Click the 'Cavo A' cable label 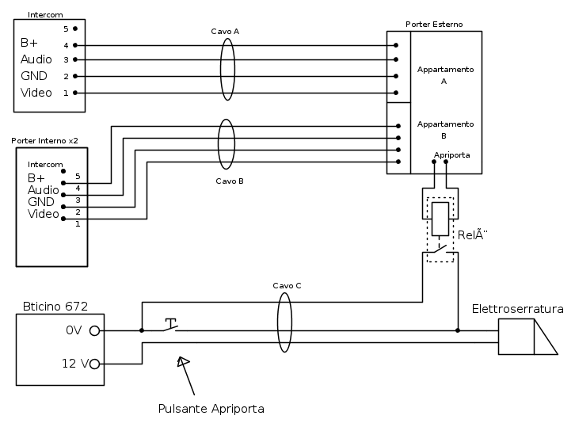[225, 31]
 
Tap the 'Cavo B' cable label [230, 181]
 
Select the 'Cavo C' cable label [287, 285]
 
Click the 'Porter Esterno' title [434, 25]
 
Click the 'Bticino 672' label [55, 306]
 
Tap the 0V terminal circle [95, 331]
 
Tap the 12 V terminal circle [95, 364]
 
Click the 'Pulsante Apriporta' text [211, 409]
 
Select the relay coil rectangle [440, 219]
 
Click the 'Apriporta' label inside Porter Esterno [451, 154]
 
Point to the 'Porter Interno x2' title [44, 140]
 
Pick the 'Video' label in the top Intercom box [36, 93]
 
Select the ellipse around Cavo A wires [227, 69]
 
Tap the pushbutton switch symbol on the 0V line [170, 326]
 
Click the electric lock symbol [526, 337]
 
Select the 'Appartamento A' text [445, 75]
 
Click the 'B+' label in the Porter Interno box [36, 177]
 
